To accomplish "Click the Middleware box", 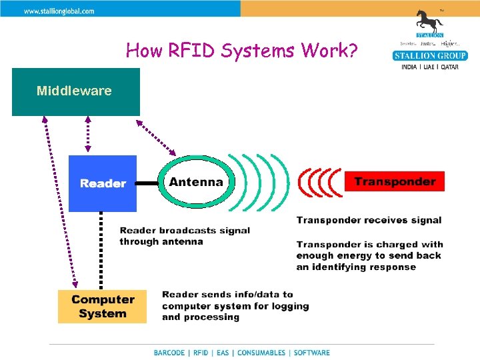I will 75,92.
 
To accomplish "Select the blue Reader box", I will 103,183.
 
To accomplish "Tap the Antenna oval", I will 196,182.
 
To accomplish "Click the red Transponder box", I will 394,181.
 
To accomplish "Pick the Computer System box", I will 102,307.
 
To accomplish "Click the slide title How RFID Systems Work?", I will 242,50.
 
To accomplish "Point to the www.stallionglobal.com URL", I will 59,11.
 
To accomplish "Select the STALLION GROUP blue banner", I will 430,55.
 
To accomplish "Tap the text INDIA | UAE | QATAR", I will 430,67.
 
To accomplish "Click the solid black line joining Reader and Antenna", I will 147,183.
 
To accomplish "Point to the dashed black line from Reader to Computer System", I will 101,250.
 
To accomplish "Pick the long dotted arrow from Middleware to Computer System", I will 59,200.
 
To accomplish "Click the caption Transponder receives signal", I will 369,220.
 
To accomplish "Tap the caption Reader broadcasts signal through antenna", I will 185,236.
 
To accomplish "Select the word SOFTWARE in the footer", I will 311,353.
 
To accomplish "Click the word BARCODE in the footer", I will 169,353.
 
